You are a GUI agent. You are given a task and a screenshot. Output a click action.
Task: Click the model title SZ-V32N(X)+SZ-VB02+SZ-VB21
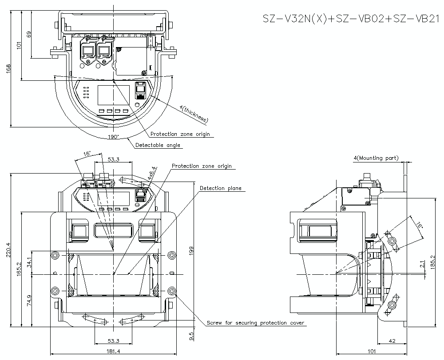[x=350, y=19]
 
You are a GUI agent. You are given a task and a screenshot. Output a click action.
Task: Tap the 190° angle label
[x=113, y=137]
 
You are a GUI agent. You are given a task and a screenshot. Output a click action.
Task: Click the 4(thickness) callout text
[x=194, y=114]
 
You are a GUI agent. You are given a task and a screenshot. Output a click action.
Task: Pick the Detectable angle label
[x=158, y=145]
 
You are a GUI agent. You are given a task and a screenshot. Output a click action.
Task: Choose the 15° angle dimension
[x=87, y=154]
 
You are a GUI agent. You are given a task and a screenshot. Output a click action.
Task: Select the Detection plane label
[x=221, y=188]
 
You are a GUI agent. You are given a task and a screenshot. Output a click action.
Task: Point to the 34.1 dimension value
[x=29, y=263]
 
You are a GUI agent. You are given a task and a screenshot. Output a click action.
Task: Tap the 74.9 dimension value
[x=29, y=301]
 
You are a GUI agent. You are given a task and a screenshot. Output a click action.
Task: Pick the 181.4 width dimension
[x=113, y=352]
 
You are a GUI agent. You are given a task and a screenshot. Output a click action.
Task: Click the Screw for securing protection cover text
[x=255, y=323]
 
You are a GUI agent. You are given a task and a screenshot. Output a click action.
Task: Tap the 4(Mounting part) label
[x=376, y=158]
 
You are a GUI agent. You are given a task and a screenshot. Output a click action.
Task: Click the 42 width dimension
[x=392, y=340]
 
